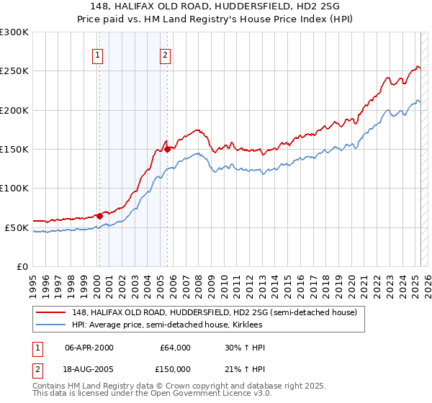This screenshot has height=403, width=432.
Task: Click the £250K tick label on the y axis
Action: tap(14, 71)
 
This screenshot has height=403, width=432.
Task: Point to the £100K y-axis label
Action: tap(14, 188)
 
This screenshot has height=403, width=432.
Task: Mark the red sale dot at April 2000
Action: tap(99, 216)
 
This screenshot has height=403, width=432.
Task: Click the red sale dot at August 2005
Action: tap(167, 149)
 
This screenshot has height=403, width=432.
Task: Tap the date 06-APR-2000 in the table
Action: tap(89, 348)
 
